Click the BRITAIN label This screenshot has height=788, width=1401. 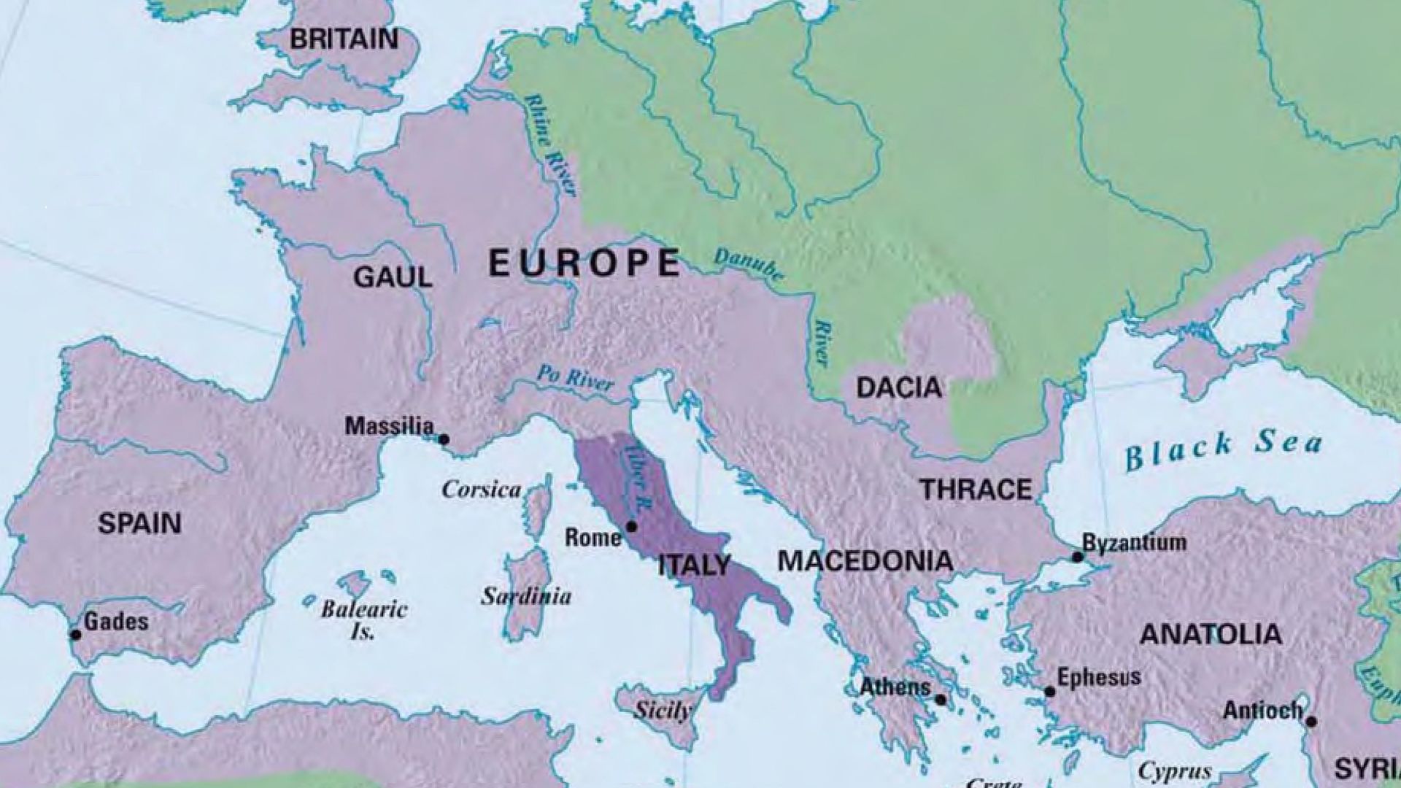[x=344, y=39]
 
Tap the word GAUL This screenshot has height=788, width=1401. [x=393, y=277]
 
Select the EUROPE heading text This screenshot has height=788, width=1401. [x=584, y=263]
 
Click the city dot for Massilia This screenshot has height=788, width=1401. [x=443, y=439]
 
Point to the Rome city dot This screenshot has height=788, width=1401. [x=631, y=526]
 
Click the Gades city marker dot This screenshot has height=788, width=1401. [x=76, y=634]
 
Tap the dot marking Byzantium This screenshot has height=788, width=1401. [x=1077, y=557]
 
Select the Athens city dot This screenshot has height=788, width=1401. [x=941, y=700]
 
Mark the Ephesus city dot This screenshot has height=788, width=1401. [x=1049, y=691]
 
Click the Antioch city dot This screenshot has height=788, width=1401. [x=1311, y=722]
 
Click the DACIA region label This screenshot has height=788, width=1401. [x=899, y=387]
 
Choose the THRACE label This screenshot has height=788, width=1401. [x=976, y=490]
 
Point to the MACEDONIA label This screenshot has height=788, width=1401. [x=865, y=561]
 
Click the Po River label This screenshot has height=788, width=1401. [x=574, y=377]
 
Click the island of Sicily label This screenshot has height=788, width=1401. [x=662, y=709]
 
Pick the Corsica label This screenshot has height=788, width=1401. [x=482, y=490]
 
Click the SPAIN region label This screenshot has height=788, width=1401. [x=139, y=523]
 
